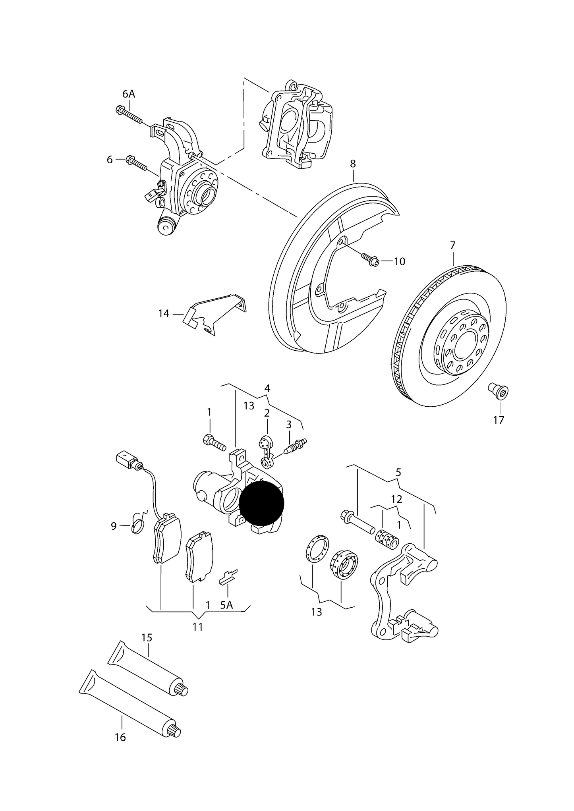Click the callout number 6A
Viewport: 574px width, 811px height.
pos(129,94)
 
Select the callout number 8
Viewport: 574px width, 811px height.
pos(353,164)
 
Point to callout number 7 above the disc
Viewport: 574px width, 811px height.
pos(453,245)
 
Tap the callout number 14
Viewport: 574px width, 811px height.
pos(164,314)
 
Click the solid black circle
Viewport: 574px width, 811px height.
pos(261,502)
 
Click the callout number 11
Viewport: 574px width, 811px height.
pos(198,627)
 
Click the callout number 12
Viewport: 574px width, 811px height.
pos(396,499)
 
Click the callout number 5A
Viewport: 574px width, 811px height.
pos(226,616)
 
